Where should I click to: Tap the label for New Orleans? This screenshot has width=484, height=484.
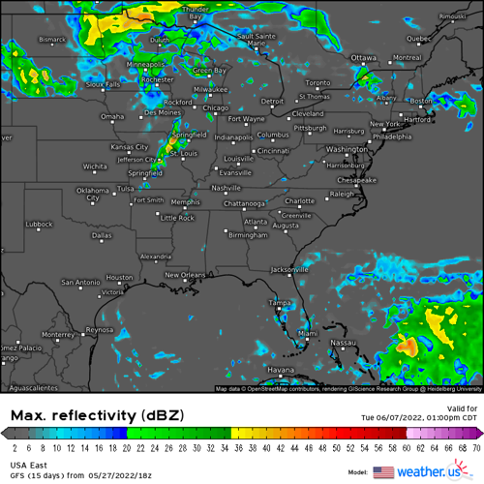pyautogui.click(x=186, y=275)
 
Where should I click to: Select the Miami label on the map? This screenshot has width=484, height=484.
pyautogui.click(x=307, y=334)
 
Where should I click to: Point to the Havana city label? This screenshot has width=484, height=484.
pyautogui.click(x=280, y=371)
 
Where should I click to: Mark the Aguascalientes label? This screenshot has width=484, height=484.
pyautogui.click(x=29, y=386)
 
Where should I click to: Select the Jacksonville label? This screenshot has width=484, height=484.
pyautogui.click(x=290, y=269)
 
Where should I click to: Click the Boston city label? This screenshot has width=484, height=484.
pyautogui.click(x=421, y=101)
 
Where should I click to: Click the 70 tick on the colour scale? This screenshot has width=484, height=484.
pyautogui.click(x=476, y=447)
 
